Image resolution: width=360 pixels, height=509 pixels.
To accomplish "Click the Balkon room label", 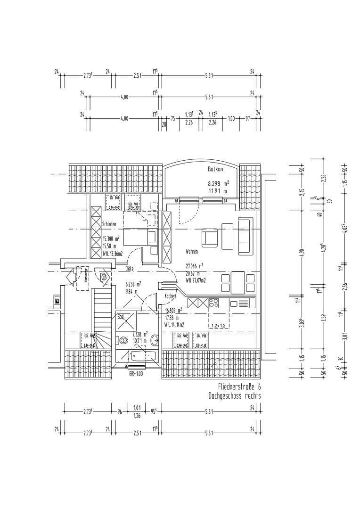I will click(x=215, y=169).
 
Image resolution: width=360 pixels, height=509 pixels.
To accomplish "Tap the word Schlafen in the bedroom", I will click(x=109, y=224).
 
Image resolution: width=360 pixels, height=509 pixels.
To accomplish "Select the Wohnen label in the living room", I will click(x=192, y=252).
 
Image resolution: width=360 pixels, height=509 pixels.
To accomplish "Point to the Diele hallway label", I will click(x=129, y=269).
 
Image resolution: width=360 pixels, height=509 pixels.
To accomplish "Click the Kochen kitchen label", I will click(x=170, y=296).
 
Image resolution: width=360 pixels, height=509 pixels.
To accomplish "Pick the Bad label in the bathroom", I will click(x=121, y=317).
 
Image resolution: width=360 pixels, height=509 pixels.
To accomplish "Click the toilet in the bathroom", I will click(x=124, y=339).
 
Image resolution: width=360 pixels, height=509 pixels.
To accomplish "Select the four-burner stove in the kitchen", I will click(x=213, y=303).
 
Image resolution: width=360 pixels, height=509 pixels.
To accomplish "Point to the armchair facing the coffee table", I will click(x=210, y=237).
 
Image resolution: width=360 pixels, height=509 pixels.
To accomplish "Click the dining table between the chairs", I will click(x=238, y=282).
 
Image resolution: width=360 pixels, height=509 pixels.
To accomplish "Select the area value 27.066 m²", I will click(x=194, y=265).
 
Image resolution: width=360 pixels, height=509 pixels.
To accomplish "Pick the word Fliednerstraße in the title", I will click(x=230, y=386).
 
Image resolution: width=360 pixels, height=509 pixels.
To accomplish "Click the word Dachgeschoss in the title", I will click(x=224, y=396).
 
